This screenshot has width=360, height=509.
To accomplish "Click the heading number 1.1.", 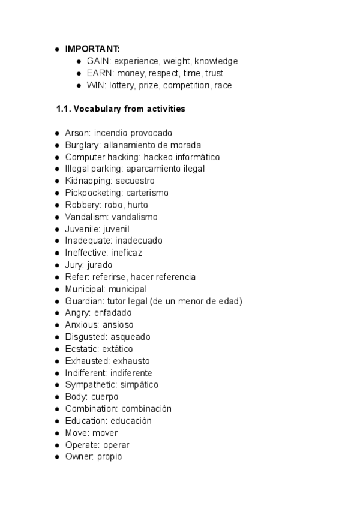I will click(x=63, y=109).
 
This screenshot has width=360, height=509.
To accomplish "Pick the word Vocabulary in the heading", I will click(x=97, y=109).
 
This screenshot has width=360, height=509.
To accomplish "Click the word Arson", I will click(x=76, y=133).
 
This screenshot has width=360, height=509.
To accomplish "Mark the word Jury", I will click(x=74, y=265).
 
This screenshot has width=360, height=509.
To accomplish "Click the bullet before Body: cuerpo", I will click(x=56, y=397).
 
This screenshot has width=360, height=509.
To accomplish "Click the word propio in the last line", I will click(x=112, y=457).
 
